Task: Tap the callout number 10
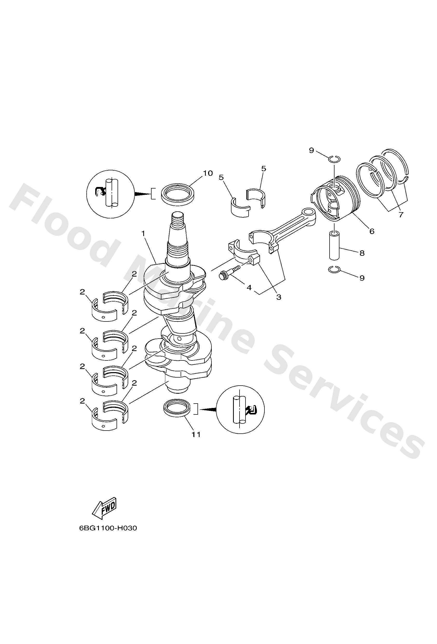tap(208, 173)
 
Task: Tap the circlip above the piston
tap(335, 158)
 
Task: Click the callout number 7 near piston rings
tap(401, 214)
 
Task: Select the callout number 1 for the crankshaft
tap(143, 234)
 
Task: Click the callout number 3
tap(279, 297)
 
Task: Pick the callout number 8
tap(362, 253)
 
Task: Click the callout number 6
tap(372, 231)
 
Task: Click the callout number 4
tap(249, 288)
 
